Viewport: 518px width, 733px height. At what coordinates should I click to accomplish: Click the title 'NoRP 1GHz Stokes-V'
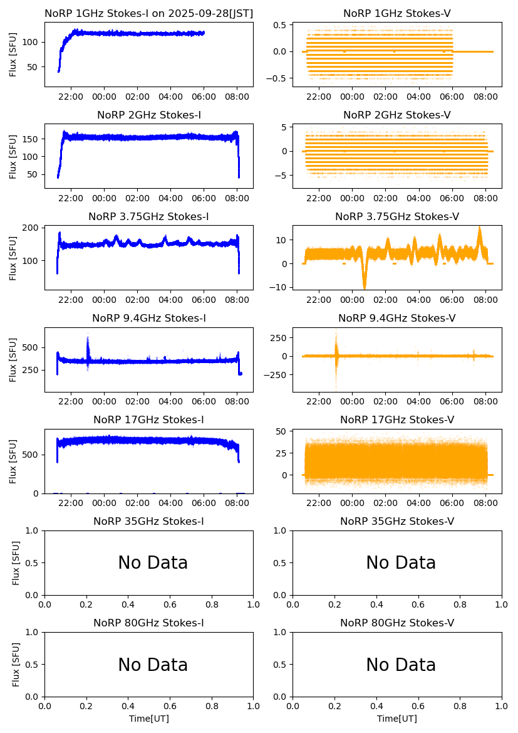click(x=396, y=14)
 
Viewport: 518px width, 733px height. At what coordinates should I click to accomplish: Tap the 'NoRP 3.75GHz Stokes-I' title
click(x=148, y=217)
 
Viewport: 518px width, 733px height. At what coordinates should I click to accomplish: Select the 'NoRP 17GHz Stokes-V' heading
click(x=396, y=420)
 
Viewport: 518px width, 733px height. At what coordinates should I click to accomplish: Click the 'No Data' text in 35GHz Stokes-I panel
click(x=153, y=563)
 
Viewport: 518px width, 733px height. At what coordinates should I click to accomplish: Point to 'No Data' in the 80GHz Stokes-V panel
click(x=401, y=665)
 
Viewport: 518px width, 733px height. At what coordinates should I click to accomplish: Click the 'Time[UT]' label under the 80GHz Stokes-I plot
click(x=148, y=719)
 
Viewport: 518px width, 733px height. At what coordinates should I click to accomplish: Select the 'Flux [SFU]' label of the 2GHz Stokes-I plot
click(x=13, y=156)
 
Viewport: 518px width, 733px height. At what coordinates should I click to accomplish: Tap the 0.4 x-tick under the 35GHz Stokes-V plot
click(x=376, y=604)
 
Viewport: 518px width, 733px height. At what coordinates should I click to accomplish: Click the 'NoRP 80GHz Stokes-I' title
click(x=148, y=623)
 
